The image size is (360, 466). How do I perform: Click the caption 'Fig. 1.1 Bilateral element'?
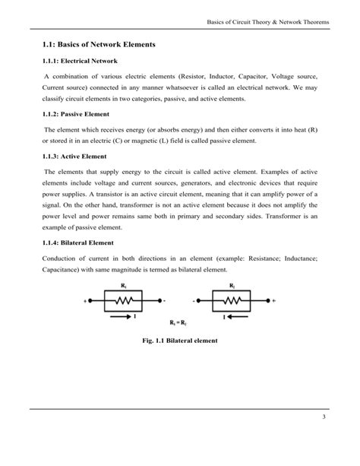[x=179, y=341]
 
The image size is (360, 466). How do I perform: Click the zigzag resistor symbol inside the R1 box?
[x=123, y=300]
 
